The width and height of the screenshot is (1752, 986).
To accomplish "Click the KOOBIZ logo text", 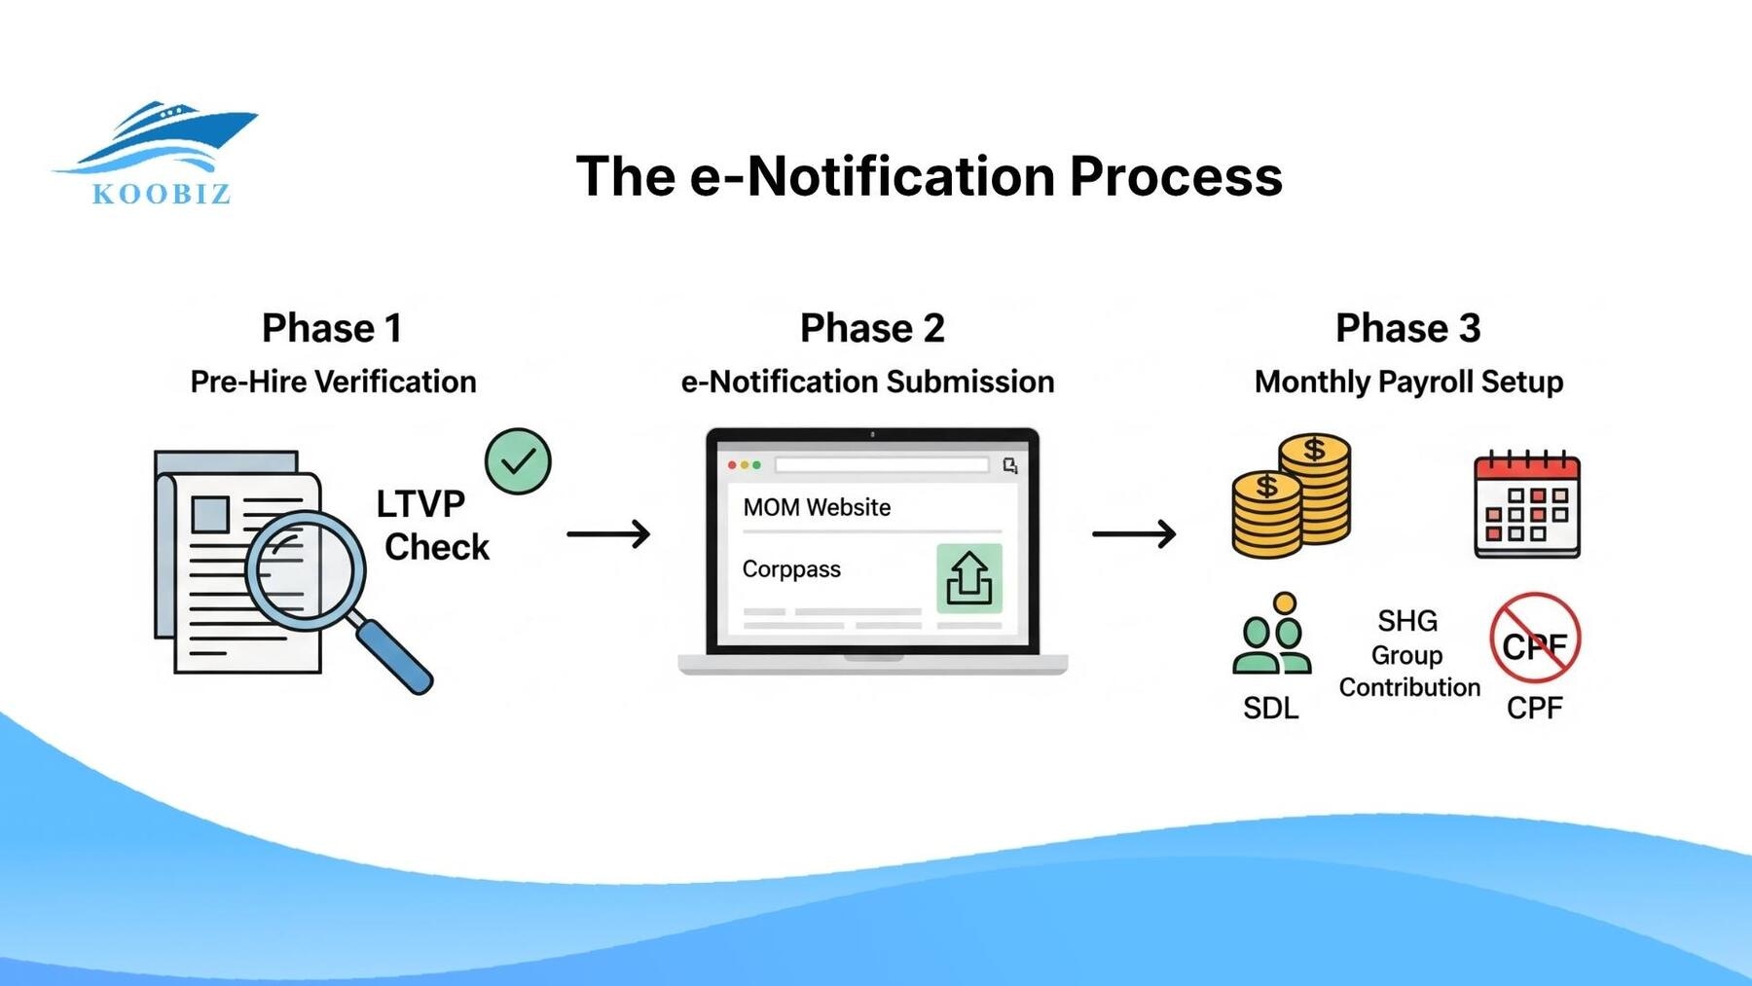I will pos(162,194).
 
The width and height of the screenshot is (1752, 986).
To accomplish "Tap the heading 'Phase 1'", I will pos(332,328).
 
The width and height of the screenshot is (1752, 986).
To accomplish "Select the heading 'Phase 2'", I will pos(872,328).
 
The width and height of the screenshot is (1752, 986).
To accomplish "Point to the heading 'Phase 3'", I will pos(1407,328).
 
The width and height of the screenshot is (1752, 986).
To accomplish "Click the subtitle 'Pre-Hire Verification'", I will pos(333,382).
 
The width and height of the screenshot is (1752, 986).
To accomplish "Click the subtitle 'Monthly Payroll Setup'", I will pos(1408,382).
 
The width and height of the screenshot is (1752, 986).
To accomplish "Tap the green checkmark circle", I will pos(518,461).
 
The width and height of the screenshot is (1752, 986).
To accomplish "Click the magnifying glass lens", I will pos(305,570).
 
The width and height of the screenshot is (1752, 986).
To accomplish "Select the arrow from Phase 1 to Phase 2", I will pos(609,533).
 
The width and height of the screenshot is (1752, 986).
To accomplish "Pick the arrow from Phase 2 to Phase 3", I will pos(1134,533).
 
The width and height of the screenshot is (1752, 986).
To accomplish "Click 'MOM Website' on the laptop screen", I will pos(817,507).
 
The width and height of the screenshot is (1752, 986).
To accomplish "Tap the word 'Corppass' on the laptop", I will pos(791,569).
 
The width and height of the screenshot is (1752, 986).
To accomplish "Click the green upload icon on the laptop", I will pos(968,579).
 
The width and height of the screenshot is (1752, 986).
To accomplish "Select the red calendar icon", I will pos(1526,505).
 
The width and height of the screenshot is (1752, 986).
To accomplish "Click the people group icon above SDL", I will pos(1271,635).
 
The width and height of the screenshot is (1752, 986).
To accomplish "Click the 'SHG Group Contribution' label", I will pos(1408,654).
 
